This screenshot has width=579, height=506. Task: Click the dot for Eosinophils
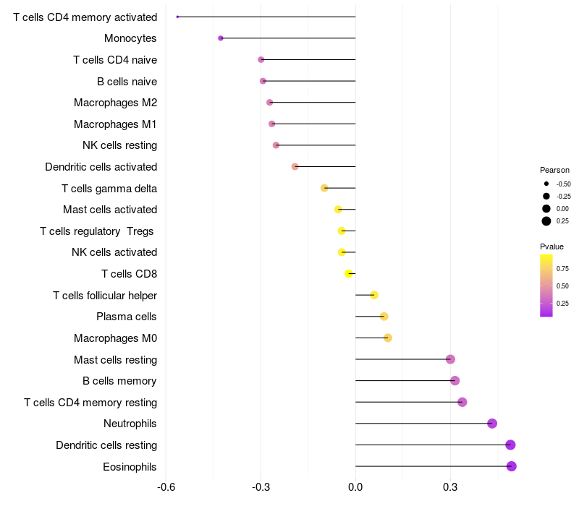pos(511,466)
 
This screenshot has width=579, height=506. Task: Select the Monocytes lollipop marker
pos(221,38)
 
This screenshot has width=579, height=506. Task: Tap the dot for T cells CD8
pos(349,274)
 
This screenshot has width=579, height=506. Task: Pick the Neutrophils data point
pos(492,424)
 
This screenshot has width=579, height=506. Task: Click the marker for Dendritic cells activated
pos(295,167)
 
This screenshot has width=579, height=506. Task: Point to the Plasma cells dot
pos(384,317)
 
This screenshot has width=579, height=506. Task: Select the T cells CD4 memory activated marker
pos(177,17)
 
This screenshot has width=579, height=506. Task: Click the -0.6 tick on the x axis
pos(166,487)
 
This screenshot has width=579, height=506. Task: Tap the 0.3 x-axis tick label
pos(450,487)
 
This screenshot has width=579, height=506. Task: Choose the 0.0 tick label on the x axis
pos(355,487)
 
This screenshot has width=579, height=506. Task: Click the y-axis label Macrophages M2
pos(116,103)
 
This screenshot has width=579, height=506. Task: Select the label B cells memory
pos(119,381)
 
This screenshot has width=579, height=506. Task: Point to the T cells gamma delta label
pos(109,189)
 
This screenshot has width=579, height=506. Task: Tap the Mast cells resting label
pos(116,359)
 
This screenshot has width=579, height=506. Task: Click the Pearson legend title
pos(554,170)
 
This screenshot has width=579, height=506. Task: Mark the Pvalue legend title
pos(551,246)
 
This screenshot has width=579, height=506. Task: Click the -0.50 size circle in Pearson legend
pos(546,184)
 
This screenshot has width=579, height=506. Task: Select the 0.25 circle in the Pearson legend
pos(546,221)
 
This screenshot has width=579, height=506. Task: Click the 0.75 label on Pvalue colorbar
pos(562,268)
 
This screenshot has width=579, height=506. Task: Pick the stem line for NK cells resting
pos(316,145)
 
